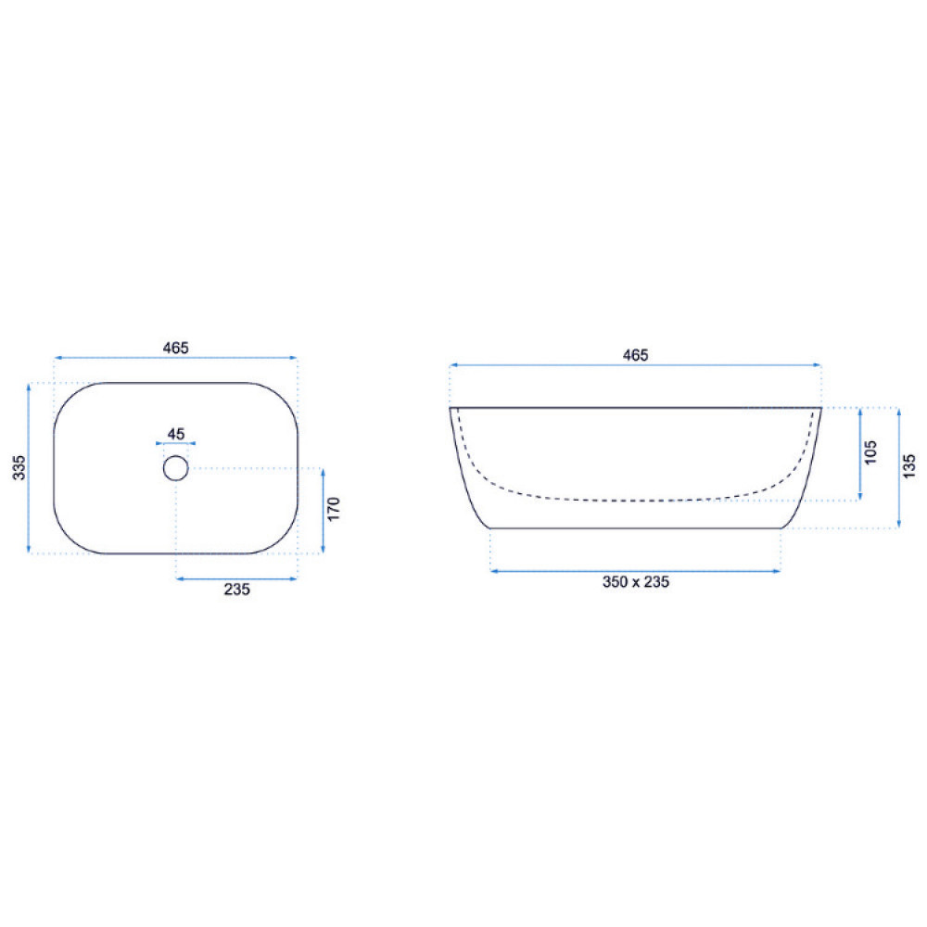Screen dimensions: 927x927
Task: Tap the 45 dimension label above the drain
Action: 175,434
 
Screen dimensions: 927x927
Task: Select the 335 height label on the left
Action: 19,467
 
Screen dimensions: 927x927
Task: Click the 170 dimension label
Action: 334,509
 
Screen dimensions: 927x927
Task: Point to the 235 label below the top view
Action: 236,590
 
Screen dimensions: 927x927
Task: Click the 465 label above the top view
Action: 175,349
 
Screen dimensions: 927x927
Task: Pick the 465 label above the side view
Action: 636,355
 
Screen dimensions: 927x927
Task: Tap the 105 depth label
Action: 870,452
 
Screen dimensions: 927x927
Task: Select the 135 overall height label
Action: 909,466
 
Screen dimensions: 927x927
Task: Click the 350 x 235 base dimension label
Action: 636,582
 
